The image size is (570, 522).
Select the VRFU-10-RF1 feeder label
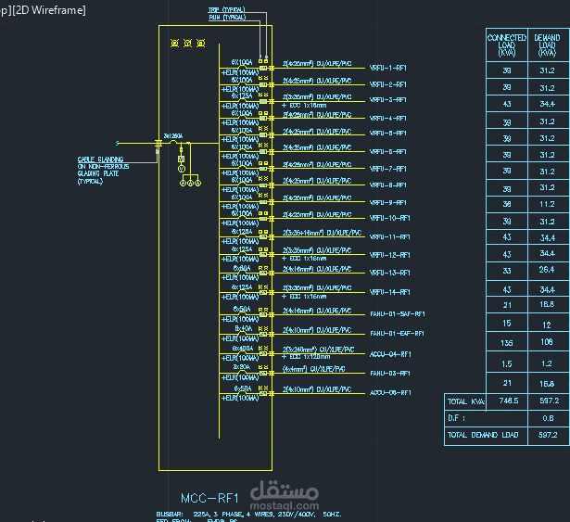389,218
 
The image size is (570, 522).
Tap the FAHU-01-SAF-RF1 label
397,314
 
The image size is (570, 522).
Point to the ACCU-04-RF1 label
389,354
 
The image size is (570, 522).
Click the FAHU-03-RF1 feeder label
389,373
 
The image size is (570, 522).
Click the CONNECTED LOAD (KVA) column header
506,45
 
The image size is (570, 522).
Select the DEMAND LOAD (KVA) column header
547,45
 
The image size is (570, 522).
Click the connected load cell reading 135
506,342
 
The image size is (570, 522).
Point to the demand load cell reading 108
547,342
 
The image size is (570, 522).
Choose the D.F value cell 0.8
547,418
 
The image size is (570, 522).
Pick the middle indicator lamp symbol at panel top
187,44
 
